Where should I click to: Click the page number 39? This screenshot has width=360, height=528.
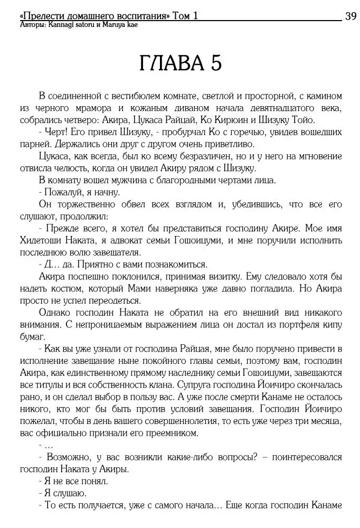tap(350, 16)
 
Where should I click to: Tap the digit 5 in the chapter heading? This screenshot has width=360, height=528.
tap(215, 63)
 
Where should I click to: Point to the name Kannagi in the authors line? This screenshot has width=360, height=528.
tap(60, 25)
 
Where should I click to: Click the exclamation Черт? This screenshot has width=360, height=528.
tap(56, 132)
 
